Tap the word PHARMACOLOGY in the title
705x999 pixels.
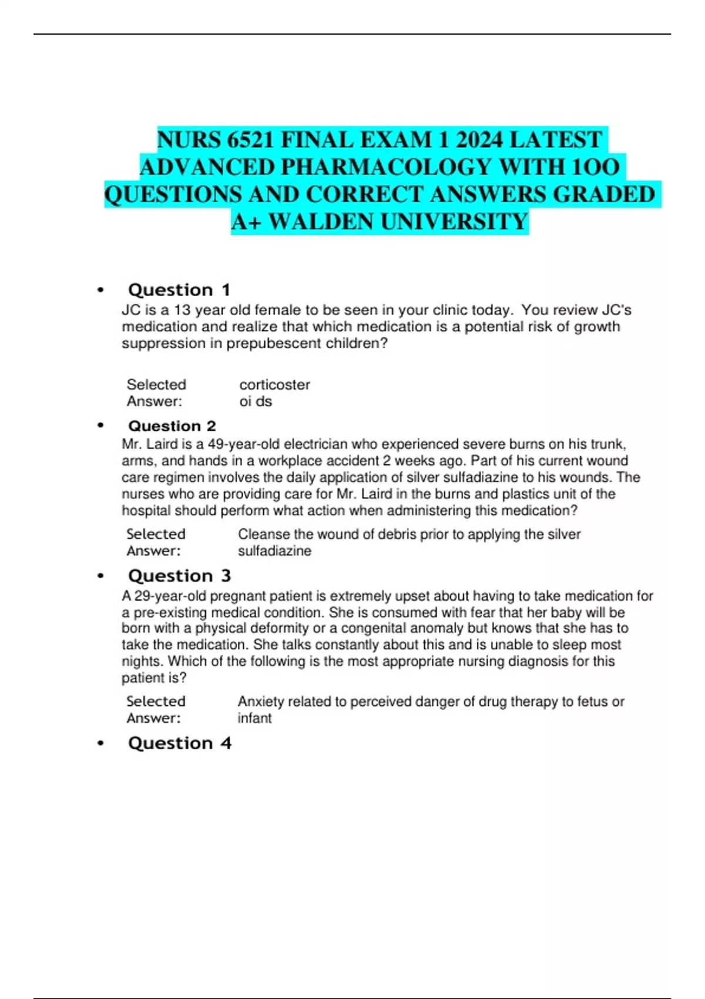point(386,167)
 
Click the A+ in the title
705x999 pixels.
point(247,222)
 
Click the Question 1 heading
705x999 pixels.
point(179,290)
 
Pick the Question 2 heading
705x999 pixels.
point(172,425)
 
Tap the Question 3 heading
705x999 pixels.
point(179,575)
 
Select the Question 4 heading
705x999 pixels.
point(179,743)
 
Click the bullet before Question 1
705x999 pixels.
point(101,290)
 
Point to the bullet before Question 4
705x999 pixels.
point(101,743)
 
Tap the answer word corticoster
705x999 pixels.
point(274,384)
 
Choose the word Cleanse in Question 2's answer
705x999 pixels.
point(262,534)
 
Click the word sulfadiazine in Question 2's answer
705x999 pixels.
point(274,551)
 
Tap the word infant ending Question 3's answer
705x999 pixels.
point(254,718)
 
